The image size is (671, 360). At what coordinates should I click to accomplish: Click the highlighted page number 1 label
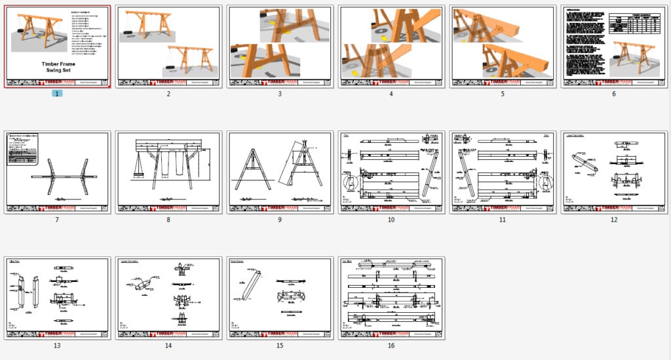57,94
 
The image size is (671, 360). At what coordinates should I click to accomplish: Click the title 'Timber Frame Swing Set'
57,66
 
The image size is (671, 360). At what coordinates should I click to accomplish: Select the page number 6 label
614,94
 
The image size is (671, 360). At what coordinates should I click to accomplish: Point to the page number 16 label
391,346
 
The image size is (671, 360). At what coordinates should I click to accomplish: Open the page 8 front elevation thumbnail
168,172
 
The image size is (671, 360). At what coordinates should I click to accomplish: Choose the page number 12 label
614,220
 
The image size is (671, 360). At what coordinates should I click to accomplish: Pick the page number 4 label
391,94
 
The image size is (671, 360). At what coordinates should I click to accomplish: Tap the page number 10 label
391,220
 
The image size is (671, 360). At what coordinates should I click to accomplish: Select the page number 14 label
168,346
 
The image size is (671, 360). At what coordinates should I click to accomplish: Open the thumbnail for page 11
503,172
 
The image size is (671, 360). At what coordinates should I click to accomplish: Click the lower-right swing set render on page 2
191,60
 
